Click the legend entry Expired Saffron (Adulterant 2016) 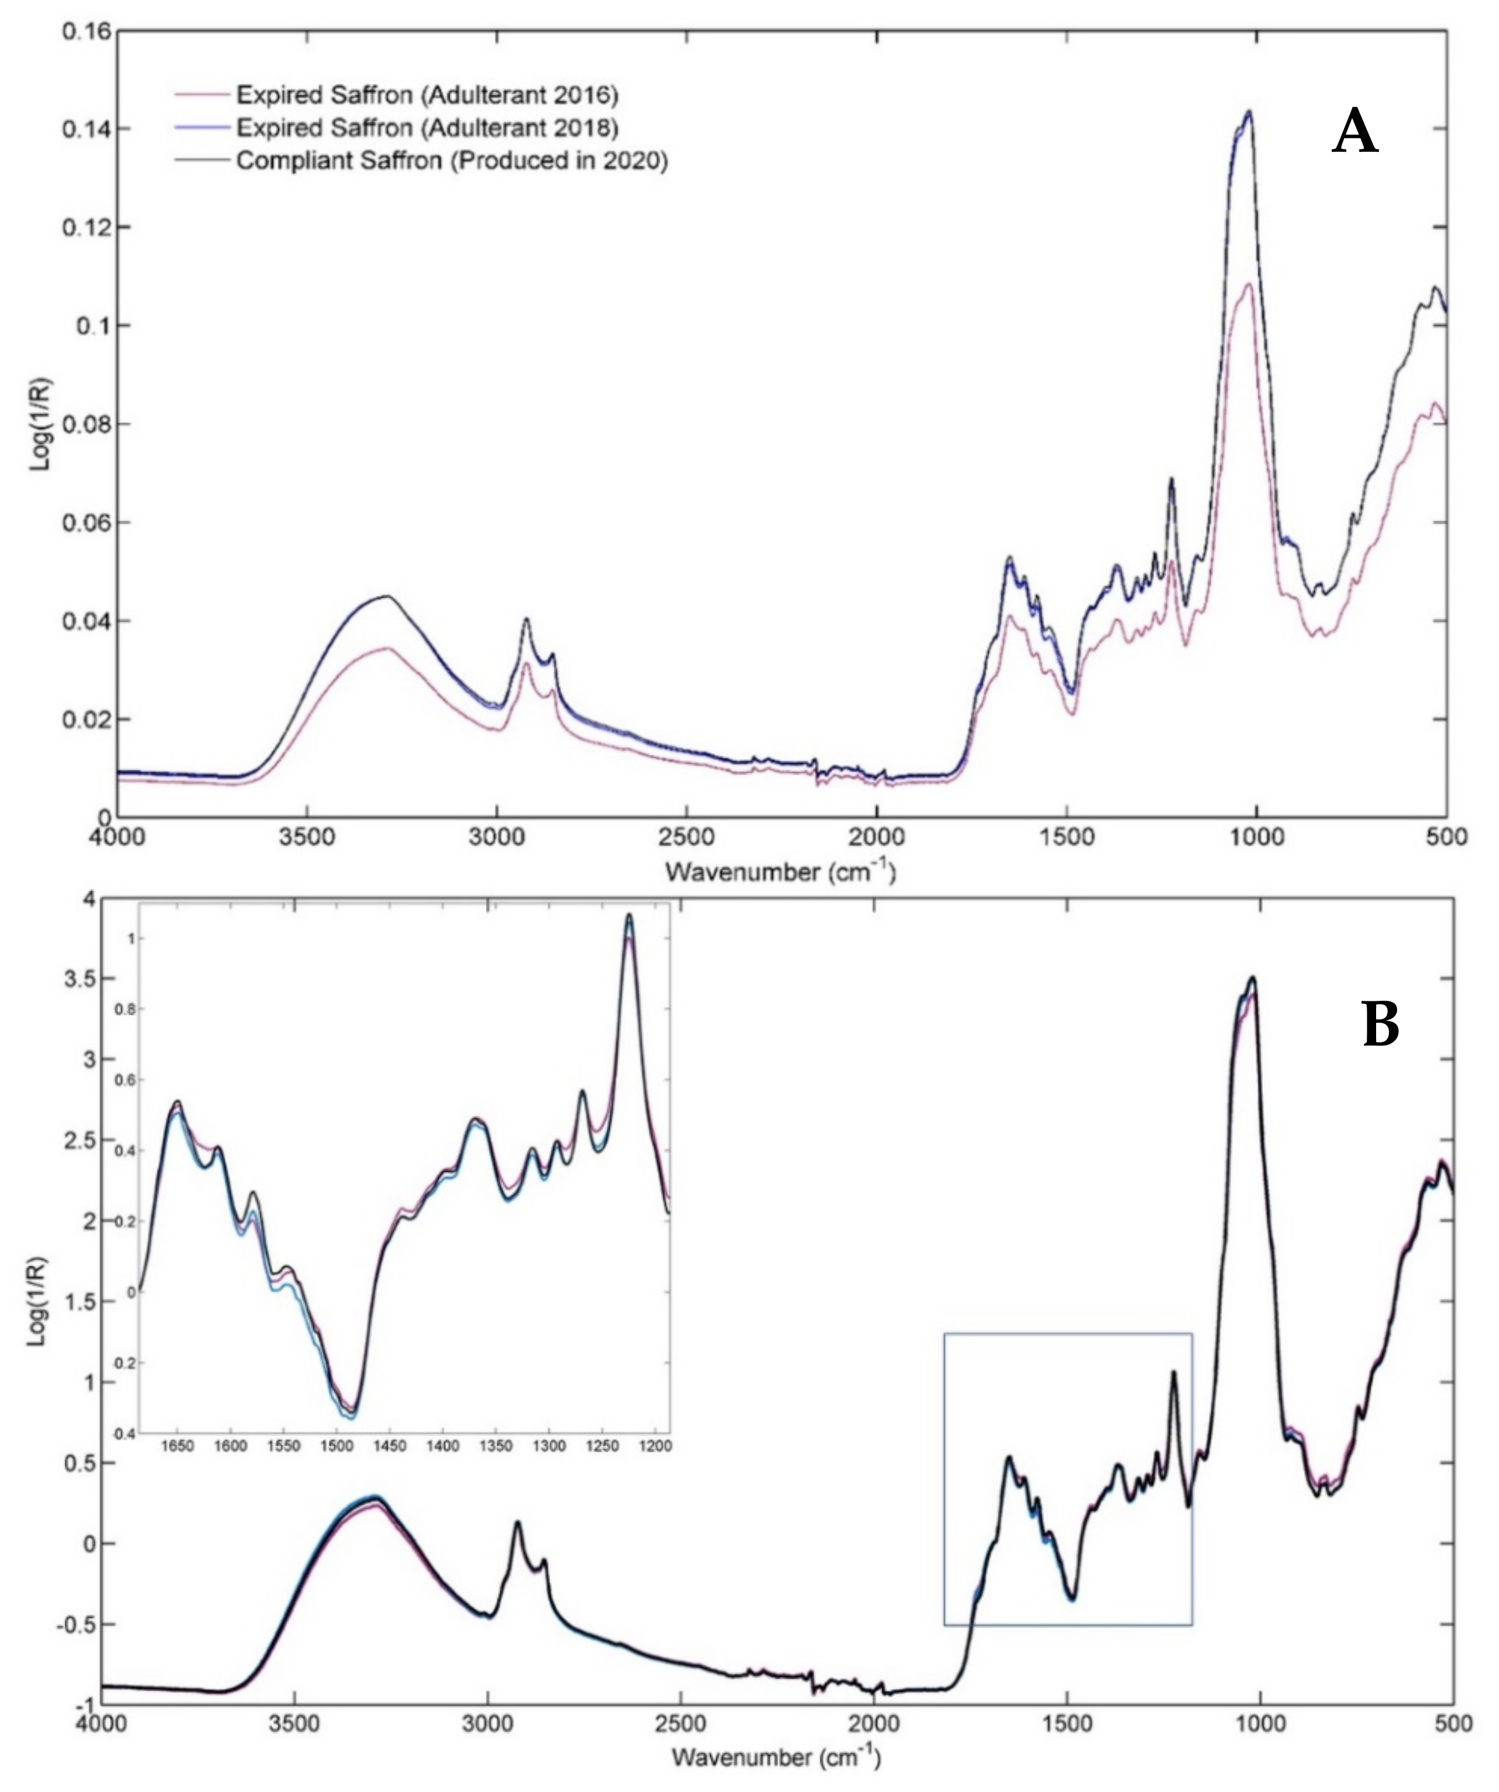(x=427, y=94)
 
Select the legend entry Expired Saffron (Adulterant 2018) (x=427, y=127)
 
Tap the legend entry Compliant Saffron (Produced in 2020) (x=451, y=161)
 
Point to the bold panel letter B (x=1381, y=1025)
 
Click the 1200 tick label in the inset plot (x=654, y=1446)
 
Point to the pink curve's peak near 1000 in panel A (x=1248, y=284)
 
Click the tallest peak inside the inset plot (x=629, y=915)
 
